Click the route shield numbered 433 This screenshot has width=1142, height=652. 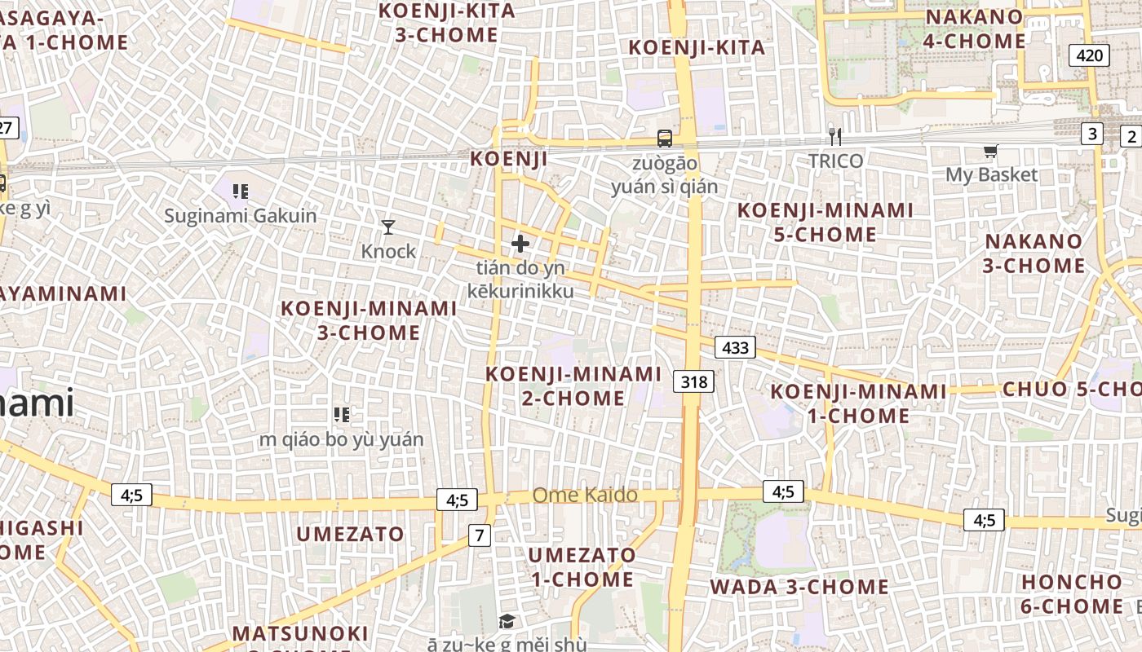(735, 347)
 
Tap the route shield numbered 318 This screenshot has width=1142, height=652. (694, 381)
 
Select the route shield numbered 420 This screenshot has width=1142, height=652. (1089, 55)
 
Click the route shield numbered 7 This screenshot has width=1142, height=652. (480, 535)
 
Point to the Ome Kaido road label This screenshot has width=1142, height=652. (585, 495)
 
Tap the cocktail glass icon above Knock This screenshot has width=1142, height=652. (388, 227)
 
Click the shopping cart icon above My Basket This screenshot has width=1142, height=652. (991, 151)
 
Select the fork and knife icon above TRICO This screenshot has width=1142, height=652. (834, 136)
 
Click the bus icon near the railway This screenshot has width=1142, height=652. (665, 139)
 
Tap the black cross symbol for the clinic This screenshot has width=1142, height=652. (520, 243)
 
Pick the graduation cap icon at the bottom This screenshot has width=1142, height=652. (507, 622)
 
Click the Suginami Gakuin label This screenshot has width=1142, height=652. (240, 216)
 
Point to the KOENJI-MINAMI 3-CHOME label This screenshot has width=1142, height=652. (369, 320)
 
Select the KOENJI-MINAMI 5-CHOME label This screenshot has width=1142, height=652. (826, 222)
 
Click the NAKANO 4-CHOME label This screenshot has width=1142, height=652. (974, 29)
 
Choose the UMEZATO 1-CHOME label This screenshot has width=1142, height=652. (582, 567)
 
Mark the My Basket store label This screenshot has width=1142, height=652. (991, 174)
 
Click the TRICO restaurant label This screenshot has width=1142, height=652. (835, 161)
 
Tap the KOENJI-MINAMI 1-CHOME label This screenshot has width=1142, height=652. (858, 403)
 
